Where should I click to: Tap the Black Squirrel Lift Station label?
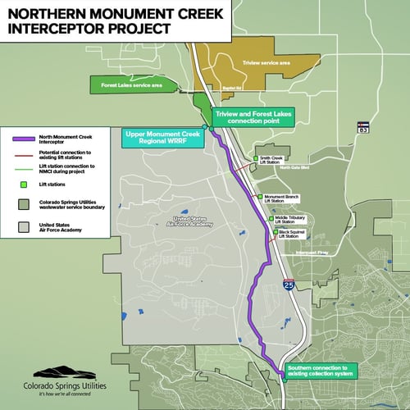(294, 234)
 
